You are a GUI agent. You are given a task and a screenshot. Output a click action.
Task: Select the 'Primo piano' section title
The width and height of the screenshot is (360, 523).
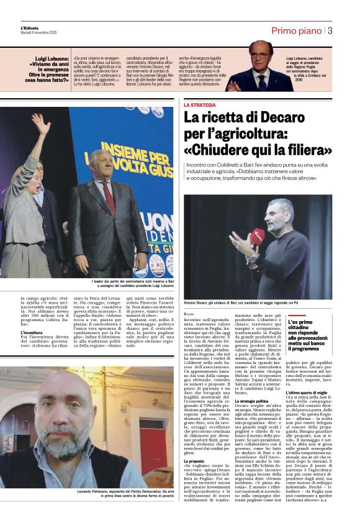[296, 30]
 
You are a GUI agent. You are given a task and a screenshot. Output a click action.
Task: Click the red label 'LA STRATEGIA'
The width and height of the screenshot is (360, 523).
[199, 105]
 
